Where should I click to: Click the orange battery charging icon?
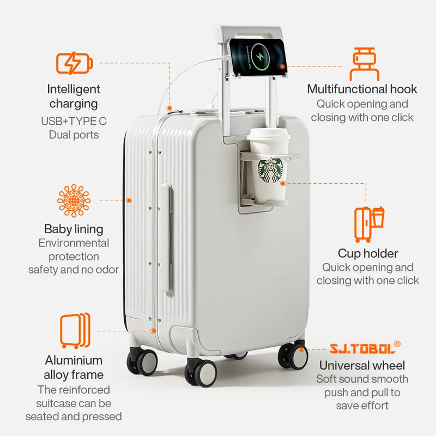74,63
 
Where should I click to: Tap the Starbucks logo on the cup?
270,171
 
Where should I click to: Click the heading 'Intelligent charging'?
74,96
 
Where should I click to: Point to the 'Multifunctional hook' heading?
362,89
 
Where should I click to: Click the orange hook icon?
364,64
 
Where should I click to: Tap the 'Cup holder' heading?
368,253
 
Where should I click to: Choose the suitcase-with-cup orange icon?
369,224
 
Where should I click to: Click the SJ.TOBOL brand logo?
365,347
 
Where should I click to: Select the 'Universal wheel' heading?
362,365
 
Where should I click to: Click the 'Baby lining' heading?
74,229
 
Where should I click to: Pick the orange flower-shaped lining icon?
74,201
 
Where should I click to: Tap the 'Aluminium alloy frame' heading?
74,367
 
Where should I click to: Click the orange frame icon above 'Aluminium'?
75,331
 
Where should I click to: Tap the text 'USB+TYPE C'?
74,121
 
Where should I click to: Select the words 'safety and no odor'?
74,269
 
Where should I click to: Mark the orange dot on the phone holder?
282,66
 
